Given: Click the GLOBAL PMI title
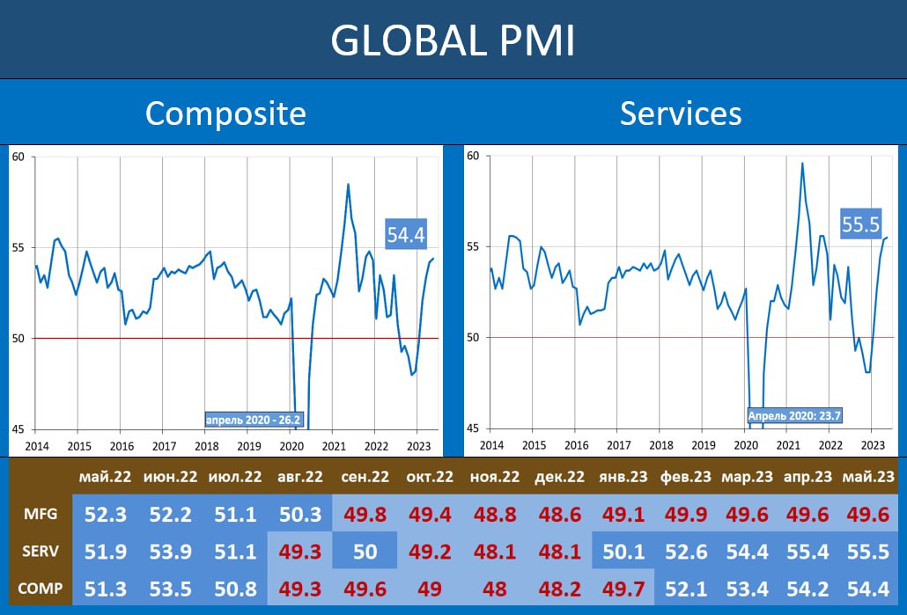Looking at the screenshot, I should [x=453, y=40].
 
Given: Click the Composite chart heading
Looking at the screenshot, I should [x=225, y=113].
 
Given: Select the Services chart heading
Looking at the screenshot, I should [x=681, y=113].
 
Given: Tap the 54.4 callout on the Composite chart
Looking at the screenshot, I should [x=406, y=234].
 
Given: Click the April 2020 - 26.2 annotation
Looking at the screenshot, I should [x=255, y=421].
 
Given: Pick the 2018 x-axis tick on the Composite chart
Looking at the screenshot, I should [x=207, y=446].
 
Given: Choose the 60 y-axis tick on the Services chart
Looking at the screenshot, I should [x=473, y=157].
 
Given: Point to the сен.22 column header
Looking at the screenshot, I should [x=365, y=477].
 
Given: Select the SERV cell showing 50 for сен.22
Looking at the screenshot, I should [x=365, y=552].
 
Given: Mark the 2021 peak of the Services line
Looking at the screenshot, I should [x=802, y=163].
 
